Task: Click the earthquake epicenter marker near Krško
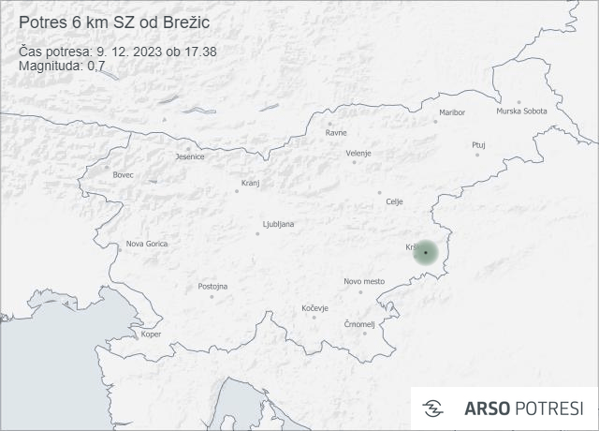425,252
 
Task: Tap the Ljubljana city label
279,224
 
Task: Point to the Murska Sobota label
521,111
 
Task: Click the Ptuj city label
478,145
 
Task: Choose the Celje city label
394,201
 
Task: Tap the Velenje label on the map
358,153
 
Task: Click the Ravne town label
336,132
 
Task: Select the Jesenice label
190,156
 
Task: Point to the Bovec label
123,175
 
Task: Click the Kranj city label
250,183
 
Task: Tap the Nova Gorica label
147,244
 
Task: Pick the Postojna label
212,286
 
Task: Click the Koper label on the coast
151,334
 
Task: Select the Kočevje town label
314,307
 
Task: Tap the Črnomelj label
359,324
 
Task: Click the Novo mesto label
364,281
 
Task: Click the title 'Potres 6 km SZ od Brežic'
115,22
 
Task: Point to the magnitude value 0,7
95,66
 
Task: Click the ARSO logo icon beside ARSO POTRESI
433,409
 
